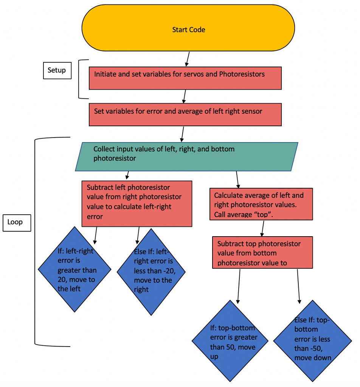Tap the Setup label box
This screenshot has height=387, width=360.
tap(57, 70)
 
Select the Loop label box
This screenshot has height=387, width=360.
tap(16, 222)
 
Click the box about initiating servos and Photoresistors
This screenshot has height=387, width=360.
tap(185, 78)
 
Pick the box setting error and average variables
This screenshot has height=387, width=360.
tap(185, 115)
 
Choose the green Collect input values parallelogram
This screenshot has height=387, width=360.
tap(186, 156)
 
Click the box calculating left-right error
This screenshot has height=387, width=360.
tap(137, 203)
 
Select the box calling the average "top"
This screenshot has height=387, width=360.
tap(261, 204)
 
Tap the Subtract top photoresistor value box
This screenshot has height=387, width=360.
tap(262, 252)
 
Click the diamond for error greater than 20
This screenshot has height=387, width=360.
tap(74, 269)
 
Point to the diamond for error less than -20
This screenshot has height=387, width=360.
tap(151, 271)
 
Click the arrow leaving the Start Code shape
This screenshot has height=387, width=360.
tap(187, 59)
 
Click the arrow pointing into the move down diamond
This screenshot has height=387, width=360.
tap(298, 285)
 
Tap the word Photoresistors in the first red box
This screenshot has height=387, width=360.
tap(242, 74)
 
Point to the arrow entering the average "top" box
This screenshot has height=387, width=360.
tap(237, 180)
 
